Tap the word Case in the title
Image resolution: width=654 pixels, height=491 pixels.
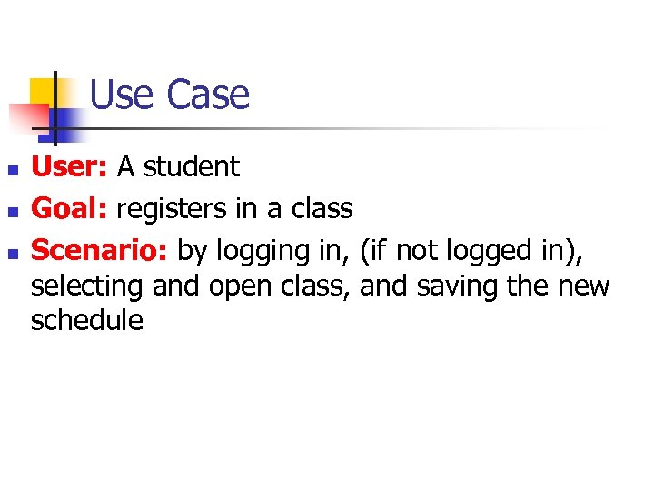(x=208, y=95)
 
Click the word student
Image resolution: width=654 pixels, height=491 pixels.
(x=191, y=166)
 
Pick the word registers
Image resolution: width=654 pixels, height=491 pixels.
(x=173, y=209)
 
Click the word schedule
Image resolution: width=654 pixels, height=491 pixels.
(x=87, y=320)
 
